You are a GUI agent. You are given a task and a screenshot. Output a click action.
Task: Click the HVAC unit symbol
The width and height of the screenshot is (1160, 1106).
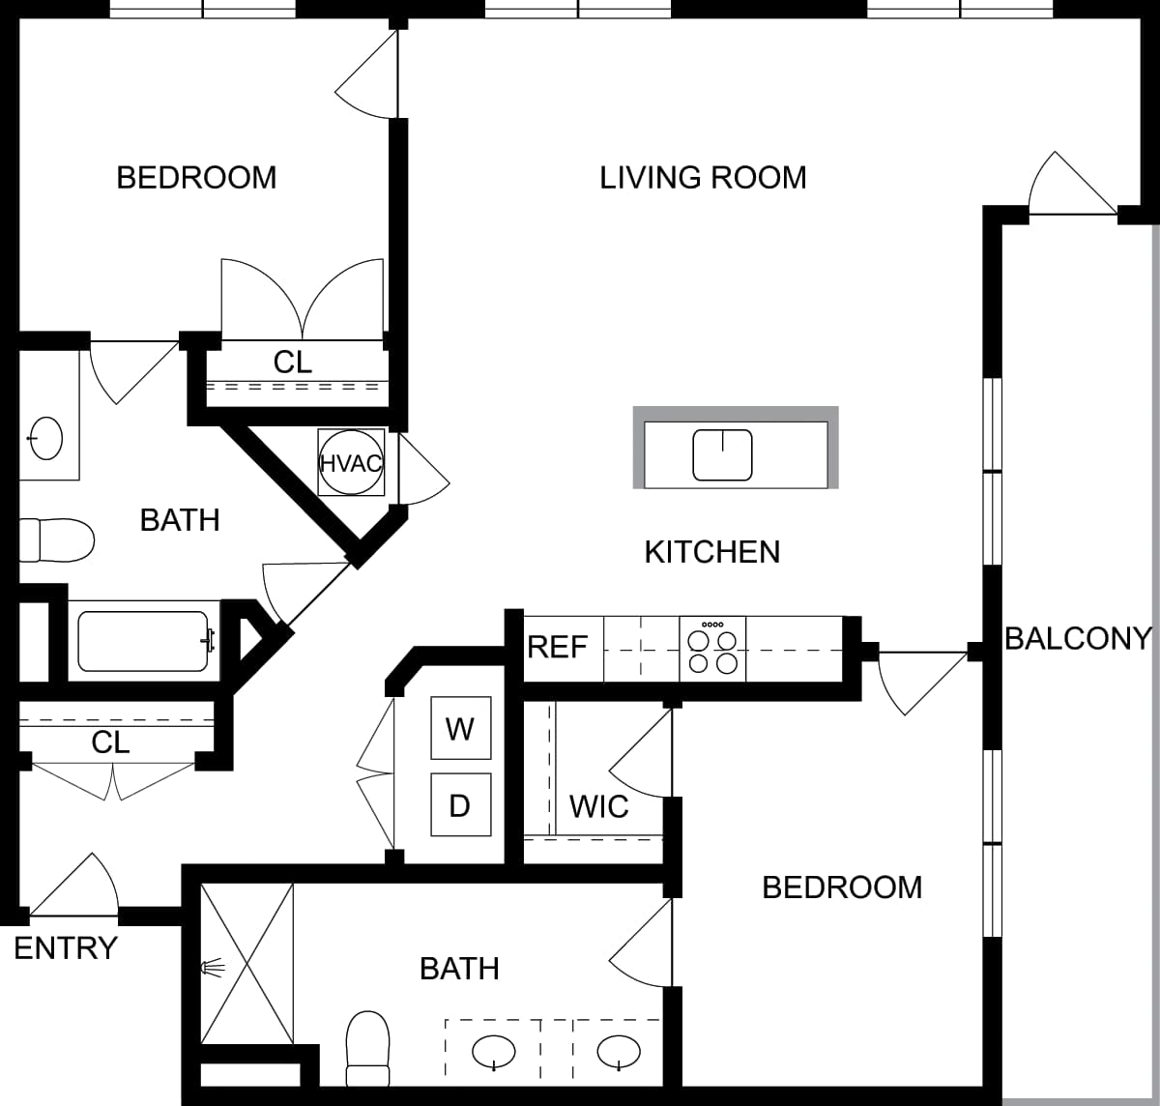pos(351,463)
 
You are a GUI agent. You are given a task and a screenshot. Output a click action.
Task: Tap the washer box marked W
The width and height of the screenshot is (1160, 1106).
pos(460,728)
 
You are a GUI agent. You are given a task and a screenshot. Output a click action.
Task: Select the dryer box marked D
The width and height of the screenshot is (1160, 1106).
pos(460,804)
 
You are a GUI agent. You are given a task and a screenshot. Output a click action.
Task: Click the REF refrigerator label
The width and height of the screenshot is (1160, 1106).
pos(558,647)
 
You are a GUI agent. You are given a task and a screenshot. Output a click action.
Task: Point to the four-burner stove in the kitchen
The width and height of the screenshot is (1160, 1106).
pos(712,647)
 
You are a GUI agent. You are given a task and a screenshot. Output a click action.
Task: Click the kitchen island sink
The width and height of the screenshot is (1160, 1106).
pos(722,454)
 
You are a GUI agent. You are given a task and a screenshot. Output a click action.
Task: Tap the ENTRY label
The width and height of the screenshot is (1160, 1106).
pos(66,948)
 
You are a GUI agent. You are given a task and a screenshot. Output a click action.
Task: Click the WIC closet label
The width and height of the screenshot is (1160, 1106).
pos(598,806)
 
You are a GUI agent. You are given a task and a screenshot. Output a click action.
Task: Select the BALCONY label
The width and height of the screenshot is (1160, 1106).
pos(1078,638)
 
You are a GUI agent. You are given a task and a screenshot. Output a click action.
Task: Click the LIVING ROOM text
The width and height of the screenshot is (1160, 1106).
pos(703,178)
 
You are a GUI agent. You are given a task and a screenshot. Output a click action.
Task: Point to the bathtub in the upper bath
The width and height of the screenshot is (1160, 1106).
pos(143,641)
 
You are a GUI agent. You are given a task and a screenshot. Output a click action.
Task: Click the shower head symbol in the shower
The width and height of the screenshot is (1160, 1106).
pos(213,966)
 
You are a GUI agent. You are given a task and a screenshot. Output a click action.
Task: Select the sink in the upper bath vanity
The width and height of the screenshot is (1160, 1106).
pos(45,438)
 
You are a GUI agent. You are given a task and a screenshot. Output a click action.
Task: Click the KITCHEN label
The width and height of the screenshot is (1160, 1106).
pos(712,552)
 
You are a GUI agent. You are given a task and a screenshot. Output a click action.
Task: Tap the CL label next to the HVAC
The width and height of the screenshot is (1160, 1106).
pos(293,362)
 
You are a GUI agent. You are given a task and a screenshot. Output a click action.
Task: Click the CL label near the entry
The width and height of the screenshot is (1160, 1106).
pos(110,742)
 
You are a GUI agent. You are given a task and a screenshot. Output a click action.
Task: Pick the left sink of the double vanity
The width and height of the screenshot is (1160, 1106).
pos(494,1051)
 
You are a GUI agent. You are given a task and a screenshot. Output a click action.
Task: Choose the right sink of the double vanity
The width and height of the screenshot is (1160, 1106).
pos(619,1051)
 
